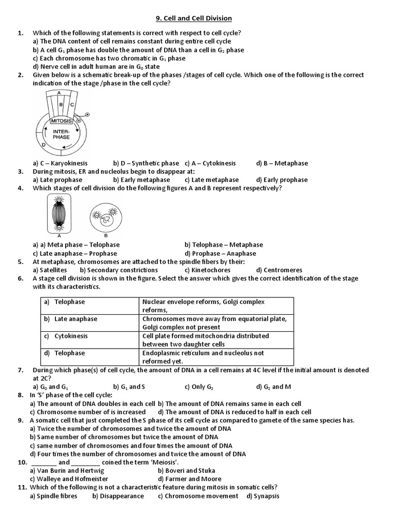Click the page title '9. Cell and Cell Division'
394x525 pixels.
click(x=198, y=18)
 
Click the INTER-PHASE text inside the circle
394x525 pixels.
click(x=61, y=134)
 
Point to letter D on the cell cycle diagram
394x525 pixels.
click(x=44, y=146)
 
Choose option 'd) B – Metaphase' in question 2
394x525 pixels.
click(x=282, y=164)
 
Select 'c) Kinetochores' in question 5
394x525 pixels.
click(x=207, y=270)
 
